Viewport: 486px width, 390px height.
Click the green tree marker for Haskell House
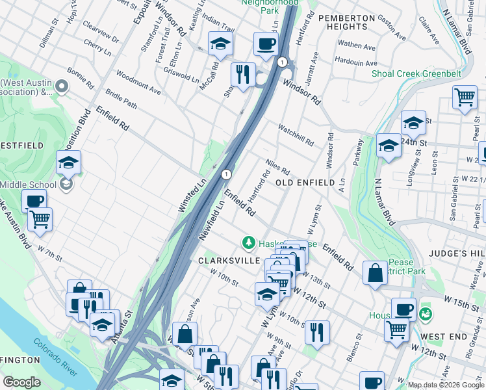click(248, 243)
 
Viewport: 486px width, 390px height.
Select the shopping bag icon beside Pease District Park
click(375, 273)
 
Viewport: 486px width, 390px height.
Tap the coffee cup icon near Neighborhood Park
click(266, 44)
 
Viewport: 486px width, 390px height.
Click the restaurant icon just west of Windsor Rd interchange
click(244, 74)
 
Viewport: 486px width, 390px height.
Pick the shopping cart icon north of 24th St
click(465, 98)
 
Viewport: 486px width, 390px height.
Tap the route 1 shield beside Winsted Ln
click(225, 174)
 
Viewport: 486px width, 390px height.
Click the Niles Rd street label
click(277, 166)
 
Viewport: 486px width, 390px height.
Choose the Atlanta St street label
click(125, 322)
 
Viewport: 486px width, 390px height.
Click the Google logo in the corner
click(21, 382)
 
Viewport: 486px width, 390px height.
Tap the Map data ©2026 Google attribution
click(445, 385)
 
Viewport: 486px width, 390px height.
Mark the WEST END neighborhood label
click(444, 336)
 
